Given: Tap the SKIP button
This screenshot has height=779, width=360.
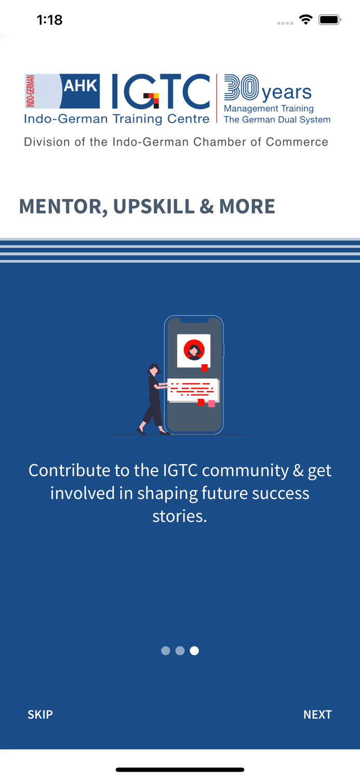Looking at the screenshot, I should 40,715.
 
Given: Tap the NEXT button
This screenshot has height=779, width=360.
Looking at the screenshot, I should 317,715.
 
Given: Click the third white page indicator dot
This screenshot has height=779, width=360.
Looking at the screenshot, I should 194,651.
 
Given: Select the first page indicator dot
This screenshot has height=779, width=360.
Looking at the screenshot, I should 166,651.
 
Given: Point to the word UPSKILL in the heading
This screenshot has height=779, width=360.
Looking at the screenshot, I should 154,207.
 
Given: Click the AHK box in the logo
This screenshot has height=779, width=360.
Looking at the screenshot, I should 80,86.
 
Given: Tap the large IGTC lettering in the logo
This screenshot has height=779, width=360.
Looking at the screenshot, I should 161,92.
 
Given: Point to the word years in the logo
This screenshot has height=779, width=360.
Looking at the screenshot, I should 286,92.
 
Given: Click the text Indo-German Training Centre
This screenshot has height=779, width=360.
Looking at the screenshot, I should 116,119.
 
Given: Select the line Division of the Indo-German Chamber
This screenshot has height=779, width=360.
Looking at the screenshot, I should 176,142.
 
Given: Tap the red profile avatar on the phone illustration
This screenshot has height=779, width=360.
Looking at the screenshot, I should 194,351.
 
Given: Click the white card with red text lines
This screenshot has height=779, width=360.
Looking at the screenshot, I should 192,390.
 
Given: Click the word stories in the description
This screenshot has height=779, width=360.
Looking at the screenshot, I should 180,516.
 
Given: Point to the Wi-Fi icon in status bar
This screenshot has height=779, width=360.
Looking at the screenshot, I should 305,20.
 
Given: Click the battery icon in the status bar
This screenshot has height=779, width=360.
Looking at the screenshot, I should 329,20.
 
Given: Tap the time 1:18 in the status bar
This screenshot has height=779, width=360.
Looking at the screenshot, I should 50,20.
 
